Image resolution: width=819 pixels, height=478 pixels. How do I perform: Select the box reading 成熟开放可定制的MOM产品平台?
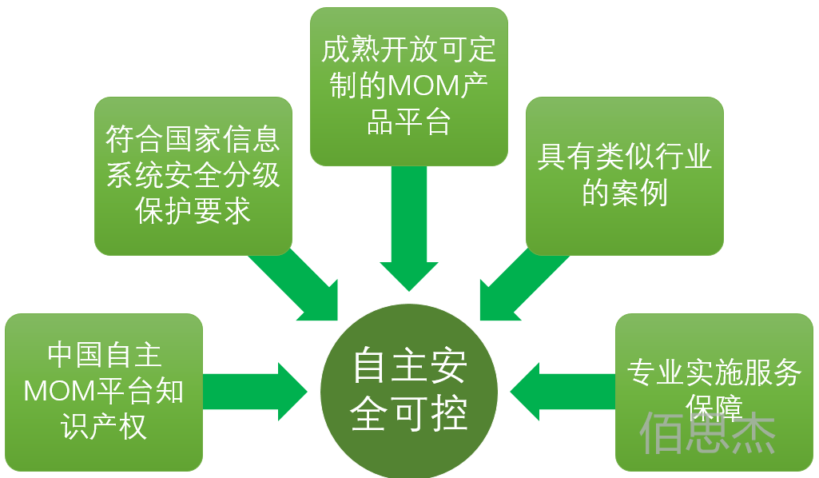tap(408, 86)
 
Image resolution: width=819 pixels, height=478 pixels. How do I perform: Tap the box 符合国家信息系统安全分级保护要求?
tap(193, 175)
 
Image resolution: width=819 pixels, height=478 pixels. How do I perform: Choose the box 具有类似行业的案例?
tap(624, 175)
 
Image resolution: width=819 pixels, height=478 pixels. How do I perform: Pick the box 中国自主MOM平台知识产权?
tap(104, 392)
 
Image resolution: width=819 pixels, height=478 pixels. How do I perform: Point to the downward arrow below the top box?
tap(408, 232)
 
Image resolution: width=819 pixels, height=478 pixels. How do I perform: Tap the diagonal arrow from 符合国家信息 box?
tap(300, 284)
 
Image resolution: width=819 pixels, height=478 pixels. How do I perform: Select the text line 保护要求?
tap(193, 211)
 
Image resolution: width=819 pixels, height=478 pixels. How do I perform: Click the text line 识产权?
tap(104, 427)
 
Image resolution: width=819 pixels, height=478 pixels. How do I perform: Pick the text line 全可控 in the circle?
tap(408, 413)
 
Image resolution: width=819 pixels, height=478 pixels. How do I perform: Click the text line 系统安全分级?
tap(193, 176)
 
